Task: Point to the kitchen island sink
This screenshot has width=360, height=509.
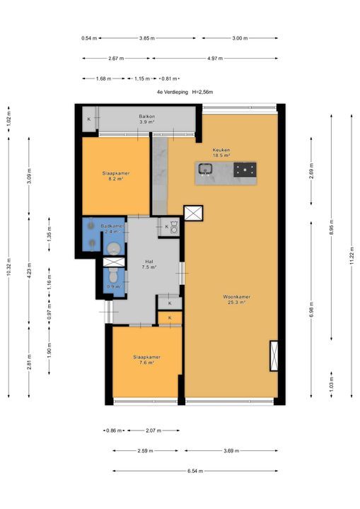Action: tap(205, 169)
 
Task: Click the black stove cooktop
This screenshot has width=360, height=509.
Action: tap(245, 170)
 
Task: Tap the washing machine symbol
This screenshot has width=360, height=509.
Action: tap(175, 227)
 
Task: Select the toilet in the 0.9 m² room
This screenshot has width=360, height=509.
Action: tap(113, 275)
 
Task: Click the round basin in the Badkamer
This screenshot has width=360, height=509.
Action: tap(114, 249)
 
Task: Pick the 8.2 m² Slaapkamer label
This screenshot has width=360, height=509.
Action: tap(116, 176)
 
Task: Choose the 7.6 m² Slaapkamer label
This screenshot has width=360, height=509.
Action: tap(146, 360)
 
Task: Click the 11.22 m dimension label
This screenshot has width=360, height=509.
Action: tap(352, 256)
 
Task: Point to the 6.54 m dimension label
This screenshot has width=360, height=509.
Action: tap(195, 471)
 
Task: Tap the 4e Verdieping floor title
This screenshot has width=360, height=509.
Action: tap(185, 92)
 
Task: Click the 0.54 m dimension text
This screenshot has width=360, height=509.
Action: tap(89, 38)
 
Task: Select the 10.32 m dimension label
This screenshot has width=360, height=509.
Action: tap(8, 267)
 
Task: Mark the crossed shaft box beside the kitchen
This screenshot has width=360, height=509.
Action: tap(193, 213)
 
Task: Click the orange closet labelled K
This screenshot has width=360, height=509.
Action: tap(170, 318)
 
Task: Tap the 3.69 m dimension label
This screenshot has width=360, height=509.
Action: tap(231, 451)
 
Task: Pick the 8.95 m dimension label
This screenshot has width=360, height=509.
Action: tap(332, 227)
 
